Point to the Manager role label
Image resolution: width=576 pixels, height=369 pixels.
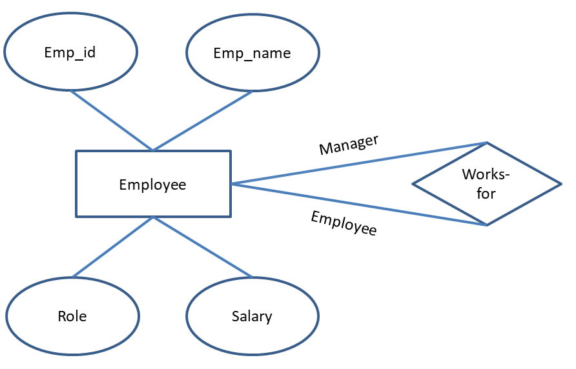(x=349, y=145)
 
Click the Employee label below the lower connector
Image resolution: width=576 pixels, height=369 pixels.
(x=344, y=223)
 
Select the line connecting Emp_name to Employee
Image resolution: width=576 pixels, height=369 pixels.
(x=202, y=121)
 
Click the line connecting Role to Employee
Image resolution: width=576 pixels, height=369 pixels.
(x=113, y=247)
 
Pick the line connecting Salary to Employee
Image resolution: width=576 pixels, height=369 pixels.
(x=202, y=247)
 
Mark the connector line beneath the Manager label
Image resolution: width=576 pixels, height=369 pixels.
(x=358, y=163)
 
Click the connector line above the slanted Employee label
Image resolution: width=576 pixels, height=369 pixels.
(x=358, y=204)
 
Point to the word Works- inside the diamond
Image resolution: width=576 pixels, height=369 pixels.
(x=486, y=175)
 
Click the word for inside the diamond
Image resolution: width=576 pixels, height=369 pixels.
(x=486, y=193)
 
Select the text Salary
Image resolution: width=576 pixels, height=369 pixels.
(x=252, y=316)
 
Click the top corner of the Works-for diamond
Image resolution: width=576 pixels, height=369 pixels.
(x=487, y=143)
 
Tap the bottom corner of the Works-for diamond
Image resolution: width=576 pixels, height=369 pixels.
(x=487, y=225)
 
